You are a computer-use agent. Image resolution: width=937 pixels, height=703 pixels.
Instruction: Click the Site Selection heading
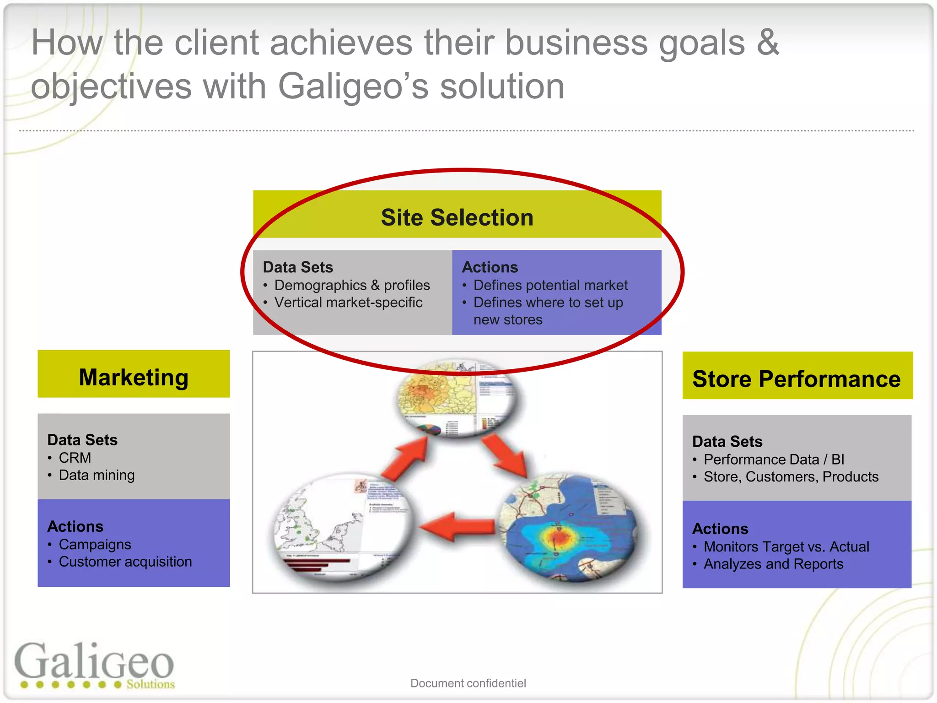(457, 217)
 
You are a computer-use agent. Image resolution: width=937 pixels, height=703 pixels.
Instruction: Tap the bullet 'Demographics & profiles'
(351, 285)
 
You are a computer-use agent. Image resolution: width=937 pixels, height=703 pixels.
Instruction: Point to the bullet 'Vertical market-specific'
(348, 303)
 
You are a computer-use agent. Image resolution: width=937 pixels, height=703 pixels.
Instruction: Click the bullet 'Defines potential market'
(550, 285)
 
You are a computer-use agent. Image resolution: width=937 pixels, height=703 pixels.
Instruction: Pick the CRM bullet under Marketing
(75, 458)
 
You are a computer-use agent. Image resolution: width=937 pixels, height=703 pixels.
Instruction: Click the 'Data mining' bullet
(97, 475)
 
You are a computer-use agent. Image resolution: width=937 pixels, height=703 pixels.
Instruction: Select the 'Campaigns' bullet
(95, 544)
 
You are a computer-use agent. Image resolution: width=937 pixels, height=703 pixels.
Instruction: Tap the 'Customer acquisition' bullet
(125, 562)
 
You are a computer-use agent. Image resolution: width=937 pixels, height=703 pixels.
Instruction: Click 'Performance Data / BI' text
(774, 459)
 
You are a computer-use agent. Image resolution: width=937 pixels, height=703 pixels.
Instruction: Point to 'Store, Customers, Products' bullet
(791, 476)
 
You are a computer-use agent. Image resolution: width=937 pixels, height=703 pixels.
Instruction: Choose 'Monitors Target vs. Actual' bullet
(786, 546)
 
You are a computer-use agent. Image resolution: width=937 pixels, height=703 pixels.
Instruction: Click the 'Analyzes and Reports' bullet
(773, 564)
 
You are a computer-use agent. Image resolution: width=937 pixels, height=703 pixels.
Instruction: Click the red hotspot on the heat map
(558, 535)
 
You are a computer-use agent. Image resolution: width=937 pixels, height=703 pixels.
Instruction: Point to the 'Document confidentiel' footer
(468, 683)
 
